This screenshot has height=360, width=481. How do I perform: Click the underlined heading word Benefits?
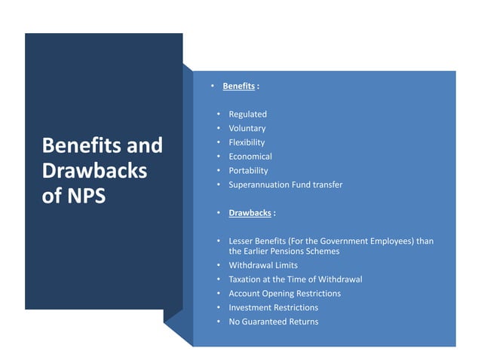pyautogui.click(x=238, y=87)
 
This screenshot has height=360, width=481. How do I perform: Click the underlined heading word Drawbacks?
pyautogui.click(x=250, y=213)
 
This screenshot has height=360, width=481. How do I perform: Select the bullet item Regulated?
pyautogui.click(x=247, y=114)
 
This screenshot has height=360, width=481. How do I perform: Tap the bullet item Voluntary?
pyautogui.click(x=247, y=129)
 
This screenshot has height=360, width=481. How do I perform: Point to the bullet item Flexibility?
pyautogui.click(x=247, y=142)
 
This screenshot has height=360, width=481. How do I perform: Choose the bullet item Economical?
pyautogui.click(x=250, y=157)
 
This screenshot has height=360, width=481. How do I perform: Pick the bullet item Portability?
pyautogui.click(x=248, y=171)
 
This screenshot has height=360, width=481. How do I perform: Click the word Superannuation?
pyautogui.click(x=260, y=185)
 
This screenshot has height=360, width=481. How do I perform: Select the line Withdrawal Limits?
pyautogui.click(x=263, y=265)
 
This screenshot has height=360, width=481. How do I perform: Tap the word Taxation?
pyautogui.click(x=247, y=279)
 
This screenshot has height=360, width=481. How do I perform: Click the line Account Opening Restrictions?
pyautogui.click(x=284, y=294)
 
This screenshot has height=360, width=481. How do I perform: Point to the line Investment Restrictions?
pyautogui.click(x=273, y=307)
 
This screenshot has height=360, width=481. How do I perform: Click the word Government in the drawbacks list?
pyautogui.click(x=346, y=241)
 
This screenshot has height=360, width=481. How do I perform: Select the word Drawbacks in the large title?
pyautogui.click(x=94, y=171)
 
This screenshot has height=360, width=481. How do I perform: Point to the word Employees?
pyautogui.click(x=394, y=241)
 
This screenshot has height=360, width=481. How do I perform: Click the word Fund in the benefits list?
pyautogui.click(x=305, y=185)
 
